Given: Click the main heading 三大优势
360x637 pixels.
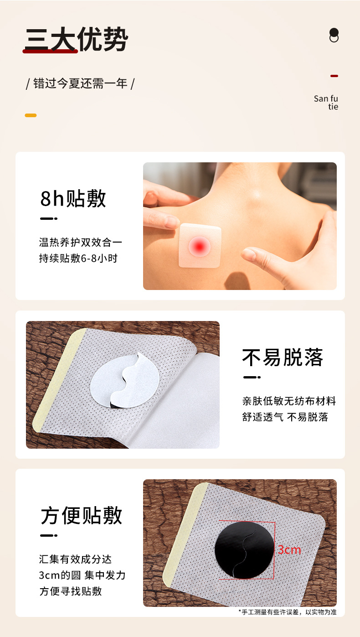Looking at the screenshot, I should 76,40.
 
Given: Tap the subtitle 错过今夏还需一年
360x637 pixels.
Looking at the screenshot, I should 80,83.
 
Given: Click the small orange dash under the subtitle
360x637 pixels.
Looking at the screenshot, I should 31,115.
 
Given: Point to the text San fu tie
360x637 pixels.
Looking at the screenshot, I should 326,103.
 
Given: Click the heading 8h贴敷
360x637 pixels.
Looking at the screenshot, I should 73,198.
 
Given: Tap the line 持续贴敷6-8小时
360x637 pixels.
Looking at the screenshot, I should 78,258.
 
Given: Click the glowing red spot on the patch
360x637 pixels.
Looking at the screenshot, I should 200,246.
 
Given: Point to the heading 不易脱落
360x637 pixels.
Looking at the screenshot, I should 283,357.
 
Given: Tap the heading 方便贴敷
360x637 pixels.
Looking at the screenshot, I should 82,515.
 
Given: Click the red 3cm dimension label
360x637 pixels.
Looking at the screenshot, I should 289,550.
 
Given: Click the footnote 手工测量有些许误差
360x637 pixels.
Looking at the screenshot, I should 287,612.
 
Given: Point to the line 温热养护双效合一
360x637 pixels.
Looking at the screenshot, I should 81,242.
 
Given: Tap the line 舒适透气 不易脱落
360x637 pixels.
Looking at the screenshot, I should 285,417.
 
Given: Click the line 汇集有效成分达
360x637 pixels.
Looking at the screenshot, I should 75,559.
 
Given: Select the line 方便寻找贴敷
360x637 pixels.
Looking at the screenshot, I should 71,591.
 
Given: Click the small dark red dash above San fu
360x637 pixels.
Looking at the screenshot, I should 334,76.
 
